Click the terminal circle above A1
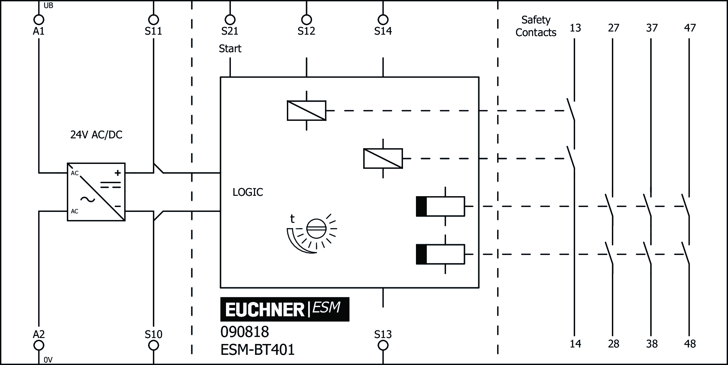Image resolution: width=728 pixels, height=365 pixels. coord(38,20)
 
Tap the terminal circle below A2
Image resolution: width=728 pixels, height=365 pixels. coord(38,345)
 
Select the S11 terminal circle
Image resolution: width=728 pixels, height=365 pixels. coord(153,20)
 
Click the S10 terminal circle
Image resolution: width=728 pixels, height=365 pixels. coord(153,345)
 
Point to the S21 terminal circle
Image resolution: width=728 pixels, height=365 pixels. coord(230,20)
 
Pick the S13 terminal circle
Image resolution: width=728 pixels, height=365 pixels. coord(383,345)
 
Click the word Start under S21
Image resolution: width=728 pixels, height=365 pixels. coord(230,49)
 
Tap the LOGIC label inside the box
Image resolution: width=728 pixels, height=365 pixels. coord(248,192)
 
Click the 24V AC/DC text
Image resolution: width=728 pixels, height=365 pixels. coord(96,135)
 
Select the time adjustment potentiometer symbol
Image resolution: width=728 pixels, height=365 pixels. coord(316,229)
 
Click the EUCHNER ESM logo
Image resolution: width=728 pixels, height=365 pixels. coord(284,309)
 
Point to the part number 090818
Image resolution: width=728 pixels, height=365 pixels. coord(245,332)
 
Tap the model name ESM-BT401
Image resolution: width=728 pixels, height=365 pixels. coord(257,350)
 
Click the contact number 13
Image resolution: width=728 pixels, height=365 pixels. coord(575,28)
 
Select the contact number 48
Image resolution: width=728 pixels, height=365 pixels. coord(690,344)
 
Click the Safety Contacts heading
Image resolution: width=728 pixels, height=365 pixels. coord(536,26)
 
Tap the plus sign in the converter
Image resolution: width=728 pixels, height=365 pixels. coord(118,173)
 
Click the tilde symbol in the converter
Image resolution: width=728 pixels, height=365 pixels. coord(87,200)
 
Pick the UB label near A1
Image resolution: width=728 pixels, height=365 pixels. coord(48,6)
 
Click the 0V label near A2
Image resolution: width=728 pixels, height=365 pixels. coord(48,360)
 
